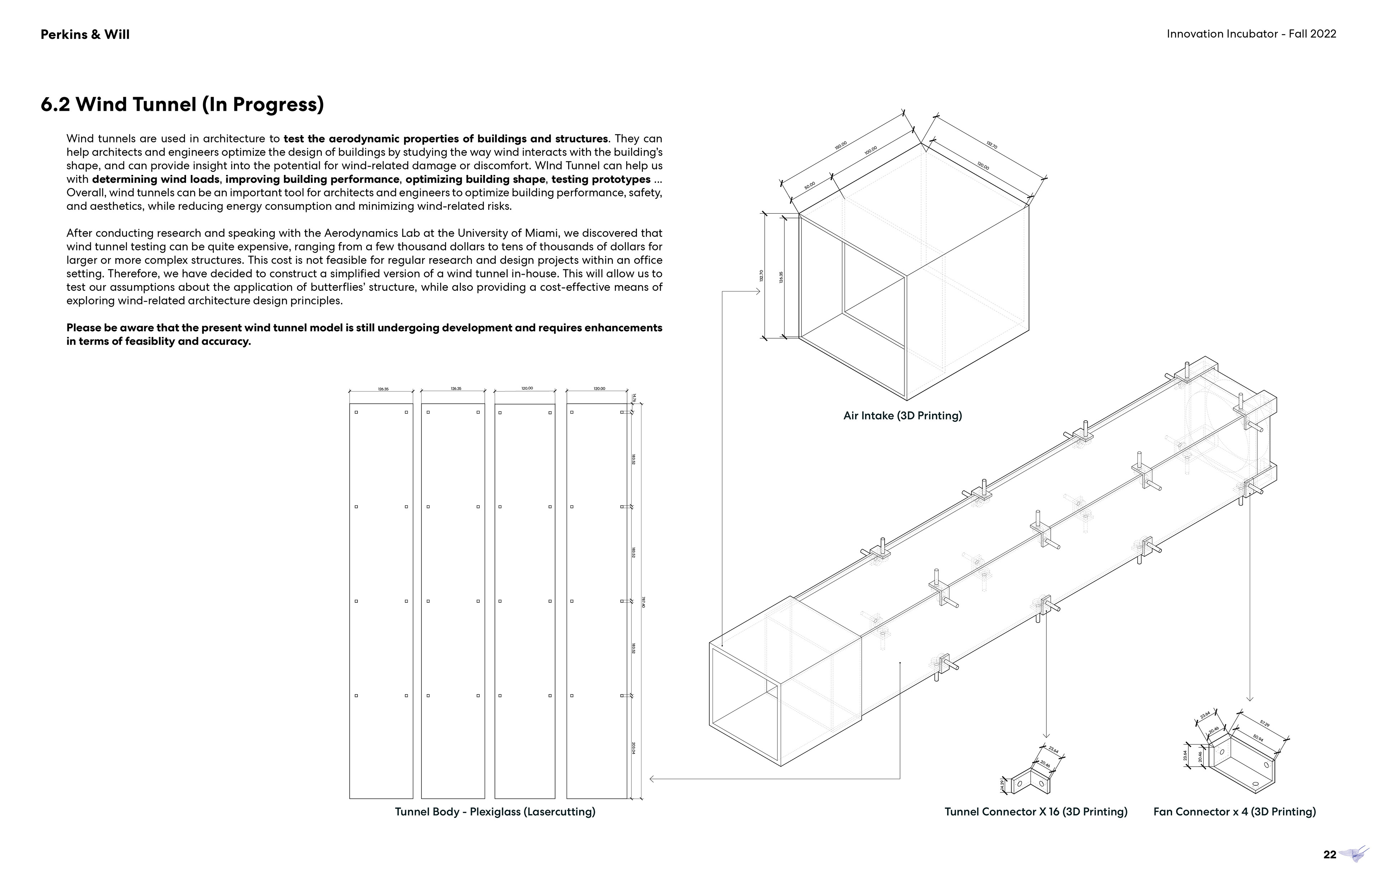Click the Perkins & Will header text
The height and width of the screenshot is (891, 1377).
click(x=85, y=35)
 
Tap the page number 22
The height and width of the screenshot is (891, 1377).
click(x=1330, y=854)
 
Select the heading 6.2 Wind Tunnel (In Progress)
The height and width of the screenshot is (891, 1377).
click(x=182, y=105)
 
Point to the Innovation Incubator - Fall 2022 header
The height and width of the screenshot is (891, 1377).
click(x=1251, y=34)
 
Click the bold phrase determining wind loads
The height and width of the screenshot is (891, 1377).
click(x=155, y=179)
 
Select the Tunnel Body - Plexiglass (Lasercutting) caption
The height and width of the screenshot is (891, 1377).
click(x=495, y=812)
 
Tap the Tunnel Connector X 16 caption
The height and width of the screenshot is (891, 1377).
click(x=1036, y=812)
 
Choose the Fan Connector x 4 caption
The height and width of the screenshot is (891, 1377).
click(x=1234, y=812)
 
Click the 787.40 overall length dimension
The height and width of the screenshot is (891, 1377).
click(x=643, y=602)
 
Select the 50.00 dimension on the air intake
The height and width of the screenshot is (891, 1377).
click(x=809, y=185)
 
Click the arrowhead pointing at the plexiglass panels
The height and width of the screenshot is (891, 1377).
click(x=652, y=779)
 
